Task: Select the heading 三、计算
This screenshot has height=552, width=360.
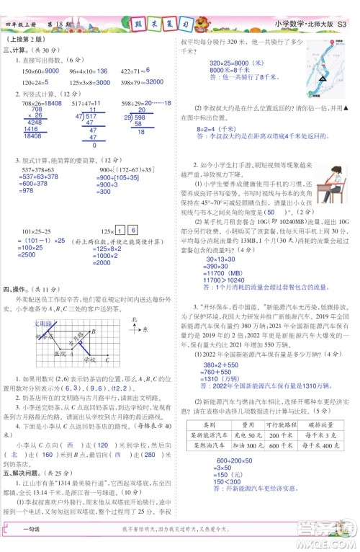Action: (17, 50)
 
